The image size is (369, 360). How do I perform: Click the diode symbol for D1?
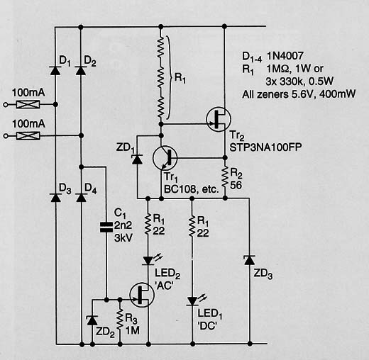55,70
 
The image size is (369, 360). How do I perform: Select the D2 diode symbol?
81,70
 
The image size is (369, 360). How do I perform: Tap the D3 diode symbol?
56,197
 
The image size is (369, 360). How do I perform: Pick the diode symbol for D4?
81,197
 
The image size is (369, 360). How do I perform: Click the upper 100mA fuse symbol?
28,104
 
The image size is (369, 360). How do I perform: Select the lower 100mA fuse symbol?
28,135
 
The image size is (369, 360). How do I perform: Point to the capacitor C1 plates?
106,227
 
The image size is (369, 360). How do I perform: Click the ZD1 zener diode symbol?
137,159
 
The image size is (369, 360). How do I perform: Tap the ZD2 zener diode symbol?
92,320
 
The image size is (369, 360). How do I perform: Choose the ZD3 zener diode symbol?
249,260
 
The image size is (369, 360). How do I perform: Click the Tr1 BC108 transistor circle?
165,158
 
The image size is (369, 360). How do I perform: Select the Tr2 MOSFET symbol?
219,119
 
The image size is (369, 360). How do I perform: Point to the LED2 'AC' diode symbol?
148,260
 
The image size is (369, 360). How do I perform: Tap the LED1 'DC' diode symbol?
192,301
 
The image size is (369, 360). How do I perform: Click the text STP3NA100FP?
265,147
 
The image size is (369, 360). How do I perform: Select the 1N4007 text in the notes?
285,56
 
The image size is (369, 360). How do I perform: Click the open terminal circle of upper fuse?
6,104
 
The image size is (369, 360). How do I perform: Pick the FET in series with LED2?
142,295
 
